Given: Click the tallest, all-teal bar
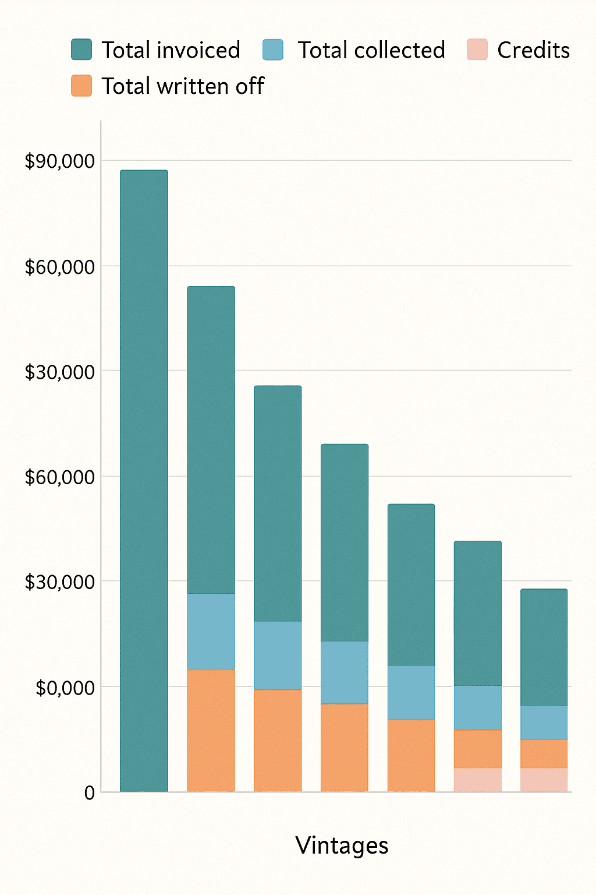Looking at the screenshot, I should click(x=144, y=481).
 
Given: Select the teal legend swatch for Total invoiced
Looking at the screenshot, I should click(x=81, y=50).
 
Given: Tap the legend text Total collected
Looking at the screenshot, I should click(x=371, y=50).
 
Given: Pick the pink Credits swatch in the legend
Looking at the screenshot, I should click(x=477, y=50).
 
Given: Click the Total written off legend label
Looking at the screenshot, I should click(x=183, y=86).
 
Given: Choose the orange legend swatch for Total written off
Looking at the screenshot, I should click(x=81, y=86).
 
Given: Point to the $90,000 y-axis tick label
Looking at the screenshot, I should click(x=59, y=161).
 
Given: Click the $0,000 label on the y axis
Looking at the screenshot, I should click(x=65, y=688).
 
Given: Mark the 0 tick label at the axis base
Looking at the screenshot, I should click(x=89, y=792).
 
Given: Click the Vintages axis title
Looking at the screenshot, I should click(x=342, y=845).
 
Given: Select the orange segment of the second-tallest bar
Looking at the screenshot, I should click(x=211, y=730).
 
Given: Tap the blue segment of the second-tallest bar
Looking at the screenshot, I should click(x=211, y=631).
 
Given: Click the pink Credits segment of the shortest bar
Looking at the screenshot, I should click(x=544, y=780).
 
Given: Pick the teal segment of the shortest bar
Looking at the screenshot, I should click(x=544, y=647).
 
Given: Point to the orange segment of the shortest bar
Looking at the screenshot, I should click(x=544, y=753).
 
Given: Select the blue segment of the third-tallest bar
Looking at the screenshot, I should click(x=278, y=655).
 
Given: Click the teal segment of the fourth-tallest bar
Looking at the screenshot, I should click(x=345, y=542).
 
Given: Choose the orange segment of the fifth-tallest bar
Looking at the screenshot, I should click(x=411, y=755).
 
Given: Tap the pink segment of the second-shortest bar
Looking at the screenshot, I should click(x=477, y=780).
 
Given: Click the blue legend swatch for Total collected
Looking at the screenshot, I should click(x=273, y=50).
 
